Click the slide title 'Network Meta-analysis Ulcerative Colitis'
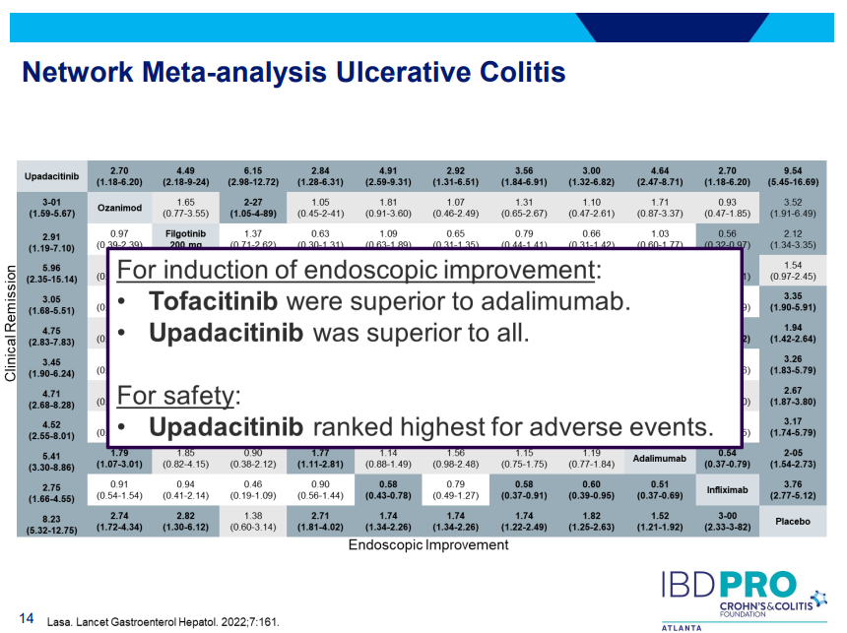pos(293,73)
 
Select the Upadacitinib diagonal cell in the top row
pos(54,176)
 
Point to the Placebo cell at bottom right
pos(792,521)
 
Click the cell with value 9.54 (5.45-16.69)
pos(792,176)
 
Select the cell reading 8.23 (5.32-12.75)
pos(54,521)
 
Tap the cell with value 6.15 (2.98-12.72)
pos(252,176)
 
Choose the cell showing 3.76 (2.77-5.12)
pos(792,488)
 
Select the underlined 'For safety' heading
pos(178,396)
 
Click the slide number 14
pos(27,618)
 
